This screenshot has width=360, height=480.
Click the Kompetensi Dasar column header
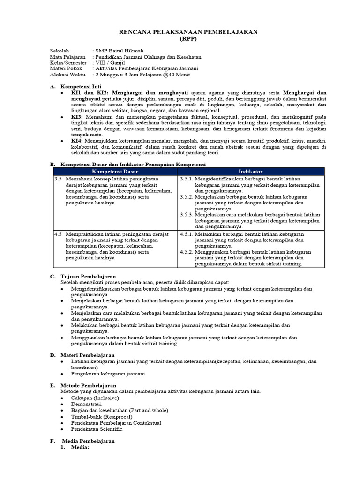coord(114,172)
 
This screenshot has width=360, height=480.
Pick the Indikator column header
coord(250,172)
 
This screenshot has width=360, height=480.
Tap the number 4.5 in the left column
coord(58,233)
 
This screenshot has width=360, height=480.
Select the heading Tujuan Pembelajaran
coord(89,277)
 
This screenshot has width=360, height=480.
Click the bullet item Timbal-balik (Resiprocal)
coord(101,416)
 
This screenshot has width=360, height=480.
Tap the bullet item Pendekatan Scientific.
coord(97,429)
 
